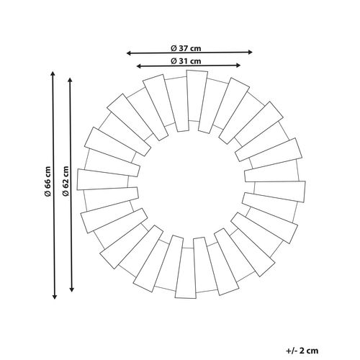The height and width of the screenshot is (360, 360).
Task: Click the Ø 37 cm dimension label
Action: pos(186,48)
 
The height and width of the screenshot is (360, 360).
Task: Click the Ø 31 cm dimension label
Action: pos(186,61)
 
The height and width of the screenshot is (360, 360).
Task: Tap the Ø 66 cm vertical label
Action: pos(48,181)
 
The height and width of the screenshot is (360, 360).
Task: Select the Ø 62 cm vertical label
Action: pos(66,181)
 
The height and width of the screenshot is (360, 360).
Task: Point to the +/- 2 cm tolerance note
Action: pos(302,351)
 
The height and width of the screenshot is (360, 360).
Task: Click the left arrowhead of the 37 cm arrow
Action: pos(128,53)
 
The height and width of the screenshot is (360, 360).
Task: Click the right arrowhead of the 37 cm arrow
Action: pos(251,52)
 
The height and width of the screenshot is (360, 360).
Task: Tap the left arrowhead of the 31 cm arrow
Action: pos(138,66)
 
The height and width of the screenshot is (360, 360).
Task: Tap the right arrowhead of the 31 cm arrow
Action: pos(238,66)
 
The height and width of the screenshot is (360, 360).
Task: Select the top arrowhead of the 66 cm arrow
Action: pos(53,73)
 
